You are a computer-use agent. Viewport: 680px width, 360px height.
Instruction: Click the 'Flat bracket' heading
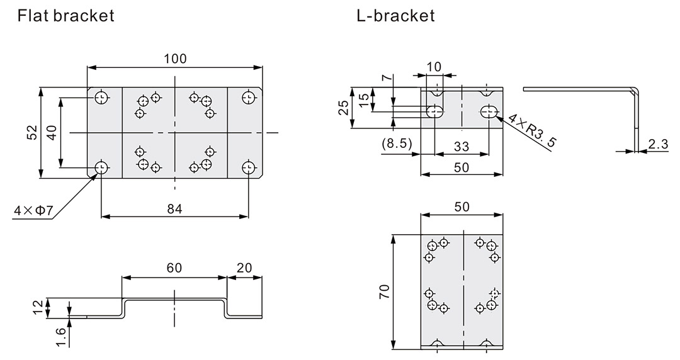pyautogui.click(x=66, y=16)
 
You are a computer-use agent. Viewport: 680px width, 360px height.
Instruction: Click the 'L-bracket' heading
pyautogui.click(x=395, y=16)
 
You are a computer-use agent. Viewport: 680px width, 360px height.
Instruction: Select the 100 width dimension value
pyautogui.click(x=174, y=59)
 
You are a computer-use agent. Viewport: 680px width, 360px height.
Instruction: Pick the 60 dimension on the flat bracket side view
pyautogui.click(x=174, y=267)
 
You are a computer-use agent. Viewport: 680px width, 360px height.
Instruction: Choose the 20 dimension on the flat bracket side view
pyautogui.click(x=244, y=267)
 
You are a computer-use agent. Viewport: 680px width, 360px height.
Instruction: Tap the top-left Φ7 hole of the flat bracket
pyautogui.click(x=101, y=98)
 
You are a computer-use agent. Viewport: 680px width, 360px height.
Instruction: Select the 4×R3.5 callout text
pyautogui.click(x=533, y=130)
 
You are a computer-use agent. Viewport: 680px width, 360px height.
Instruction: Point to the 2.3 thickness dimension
pyautogui.click(x=657, y=143)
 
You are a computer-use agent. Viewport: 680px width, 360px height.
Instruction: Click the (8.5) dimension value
pyautogui.click(x=397, y=143)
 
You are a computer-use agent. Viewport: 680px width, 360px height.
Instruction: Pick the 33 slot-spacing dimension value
pyautogui.click(x=461, y=146)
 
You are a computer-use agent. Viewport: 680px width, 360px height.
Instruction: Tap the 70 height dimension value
pyautogui.click(x=384, y=291)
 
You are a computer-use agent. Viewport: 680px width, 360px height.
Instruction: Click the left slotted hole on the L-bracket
pyautogui.click(x=434, y=112)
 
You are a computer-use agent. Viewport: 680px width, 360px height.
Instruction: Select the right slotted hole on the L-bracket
pyautogui.click(x=489, y=112)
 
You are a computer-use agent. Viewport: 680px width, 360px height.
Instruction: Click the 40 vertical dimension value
pyautogui.click(x=52, y=132)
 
